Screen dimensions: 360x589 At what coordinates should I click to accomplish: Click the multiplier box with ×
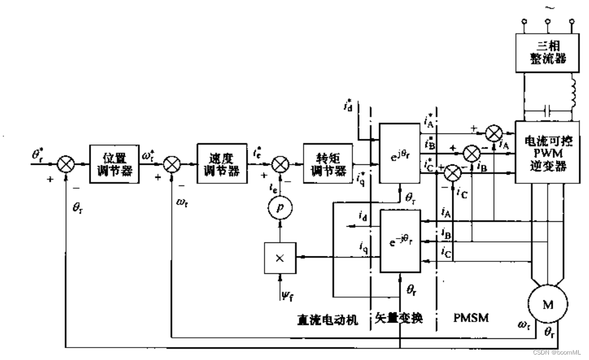click(x=279, y=259)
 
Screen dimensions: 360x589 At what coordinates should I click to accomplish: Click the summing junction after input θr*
click(x=65, y=164)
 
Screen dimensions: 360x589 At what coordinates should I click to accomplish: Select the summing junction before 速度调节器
click(x=171, y=164)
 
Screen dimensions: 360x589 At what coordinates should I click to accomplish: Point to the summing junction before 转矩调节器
click(x=279, y=164)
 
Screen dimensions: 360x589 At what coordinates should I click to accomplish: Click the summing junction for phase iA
click(x=494, y=132)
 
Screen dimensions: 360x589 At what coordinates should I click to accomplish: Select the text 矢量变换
click(x=399, y=319)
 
